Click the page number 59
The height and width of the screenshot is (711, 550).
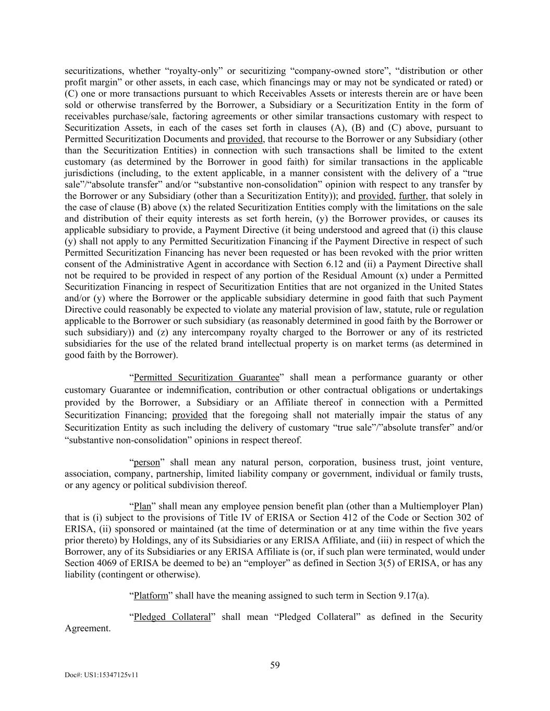click(x=275, y=665)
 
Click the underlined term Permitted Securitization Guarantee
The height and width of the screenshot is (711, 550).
click(x=206, y=378)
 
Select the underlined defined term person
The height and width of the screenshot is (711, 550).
click(x=146, y=463)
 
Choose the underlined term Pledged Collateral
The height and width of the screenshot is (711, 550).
click(x=172, y=617)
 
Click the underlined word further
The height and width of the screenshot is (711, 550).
click(x=412, y=196)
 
